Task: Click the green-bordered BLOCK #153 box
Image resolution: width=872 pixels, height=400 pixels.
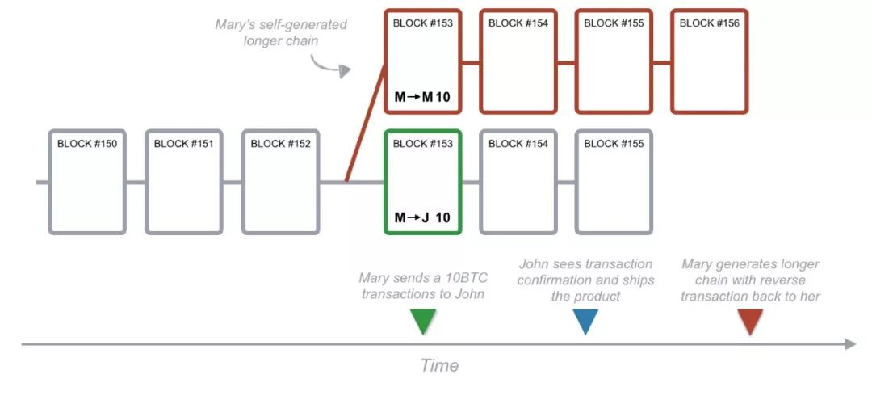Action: [x=422, y=130]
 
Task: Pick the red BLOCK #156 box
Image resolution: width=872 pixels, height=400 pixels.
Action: [x=710, y=10]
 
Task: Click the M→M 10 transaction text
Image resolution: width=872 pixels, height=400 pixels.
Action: [x=422, y=97]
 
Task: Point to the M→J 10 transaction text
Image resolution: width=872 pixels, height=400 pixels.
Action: [x=422, y=217]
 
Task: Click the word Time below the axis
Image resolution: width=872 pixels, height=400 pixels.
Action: [x=439, y=365]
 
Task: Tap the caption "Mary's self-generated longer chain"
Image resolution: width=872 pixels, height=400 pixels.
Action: [x=281, y=33]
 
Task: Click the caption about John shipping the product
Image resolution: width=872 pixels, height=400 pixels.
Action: [x=585, y=280]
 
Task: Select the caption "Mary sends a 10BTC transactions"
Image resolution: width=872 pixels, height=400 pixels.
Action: [x=422, y=285]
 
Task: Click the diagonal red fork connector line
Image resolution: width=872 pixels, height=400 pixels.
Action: [x=366, y=123]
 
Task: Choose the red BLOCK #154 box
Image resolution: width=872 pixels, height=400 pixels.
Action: [x=518, y=10]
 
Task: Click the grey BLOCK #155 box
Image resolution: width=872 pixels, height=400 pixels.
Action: [x=614, y=130]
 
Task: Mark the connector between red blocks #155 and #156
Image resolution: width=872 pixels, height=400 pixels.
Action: [x=662, y=62]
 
